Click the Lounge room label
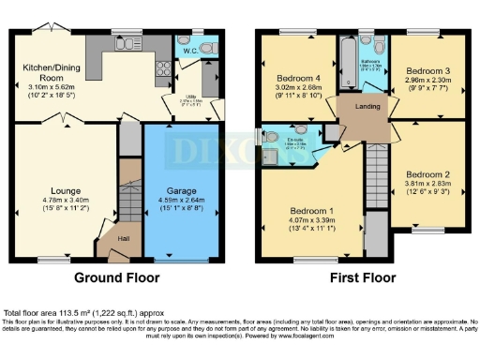click(64, 190)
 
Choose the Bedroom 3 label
click(427, 70)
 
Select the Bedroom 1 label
click(306, 210)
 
